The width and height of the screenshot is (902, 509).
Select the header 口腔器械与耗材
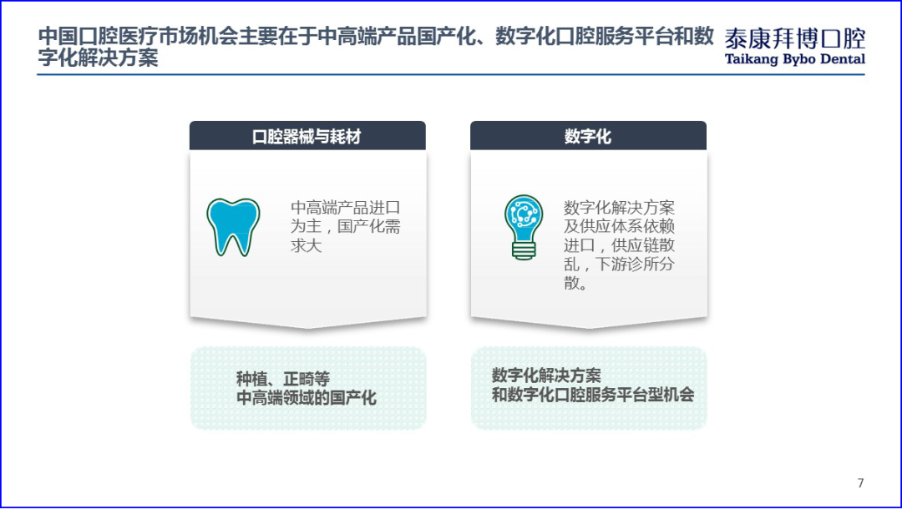307,136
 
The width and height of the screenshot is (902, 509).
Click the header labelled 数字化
588,136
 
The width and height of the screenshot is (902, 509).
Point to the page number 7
861,483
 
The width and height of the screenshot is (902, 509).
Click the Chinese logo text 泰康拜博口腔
795,38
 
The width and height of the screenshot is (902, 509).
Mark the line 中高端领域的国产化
306,398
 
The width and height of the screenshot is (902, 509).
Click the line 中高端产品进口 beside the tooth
346,208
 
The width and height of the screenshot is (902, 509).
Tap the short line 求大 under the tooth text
306,246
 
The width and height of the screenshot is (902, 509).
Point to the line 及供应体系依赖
620,226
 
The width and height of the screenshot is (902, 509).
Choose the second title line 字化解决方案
99,58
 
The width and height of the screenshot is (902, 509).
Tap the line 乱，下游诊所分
620,265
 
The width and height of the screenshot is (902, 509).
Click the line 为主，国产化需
346,227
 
